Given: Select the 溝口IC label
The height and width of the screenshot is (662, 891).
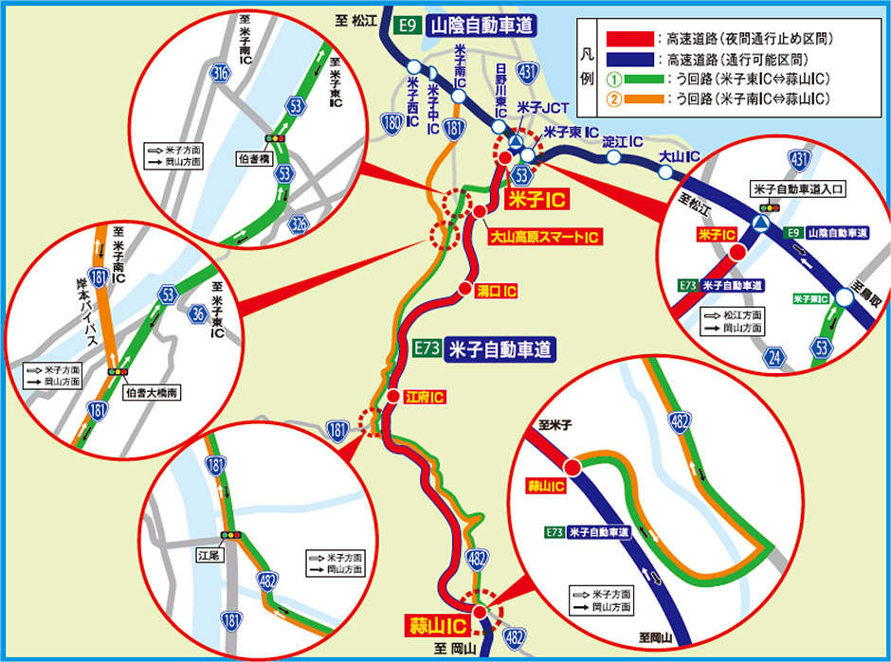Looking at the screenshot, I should [x=497, y=290].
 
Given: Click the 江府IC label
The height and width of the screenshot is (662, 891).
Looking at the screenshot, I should [x=424, y=397].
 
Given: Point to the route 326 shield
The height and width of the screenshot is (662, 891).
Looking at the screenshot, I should [x=300, y=224].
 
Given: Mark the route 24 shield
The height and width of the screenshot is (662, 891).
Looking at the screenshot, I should [x=774, y=356].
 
